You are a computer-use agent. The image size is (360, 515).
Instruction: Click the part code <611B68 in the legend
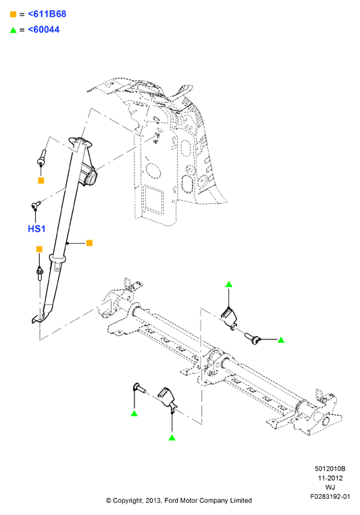pyautogui.click(x=47, y=14)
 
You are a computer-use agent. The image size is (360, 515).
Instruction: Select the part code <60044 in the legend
pyautogui.click(x=44, y=30)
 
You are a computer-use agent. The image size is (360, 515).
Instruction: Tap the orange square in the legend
pyautogui.click(x=13, y=14)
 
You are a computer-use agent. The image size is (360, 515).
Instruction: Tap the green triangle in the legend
pyautogui.click(x=13, y=30)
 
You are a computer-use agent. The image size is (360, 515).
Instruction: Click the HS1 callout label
pyautogui.click(x=36, y=229)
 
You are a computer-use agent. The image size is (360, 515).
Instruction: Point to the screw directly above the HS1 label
pyautogui.click(x=36, y=205)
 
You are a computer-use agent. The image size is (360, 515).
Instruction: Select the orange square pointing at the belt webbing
pyautogui.click(x=89, y=243)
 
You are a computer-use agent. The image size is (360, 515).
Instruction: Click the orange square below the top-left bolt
pyautogui.click(x=41, y=180)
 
